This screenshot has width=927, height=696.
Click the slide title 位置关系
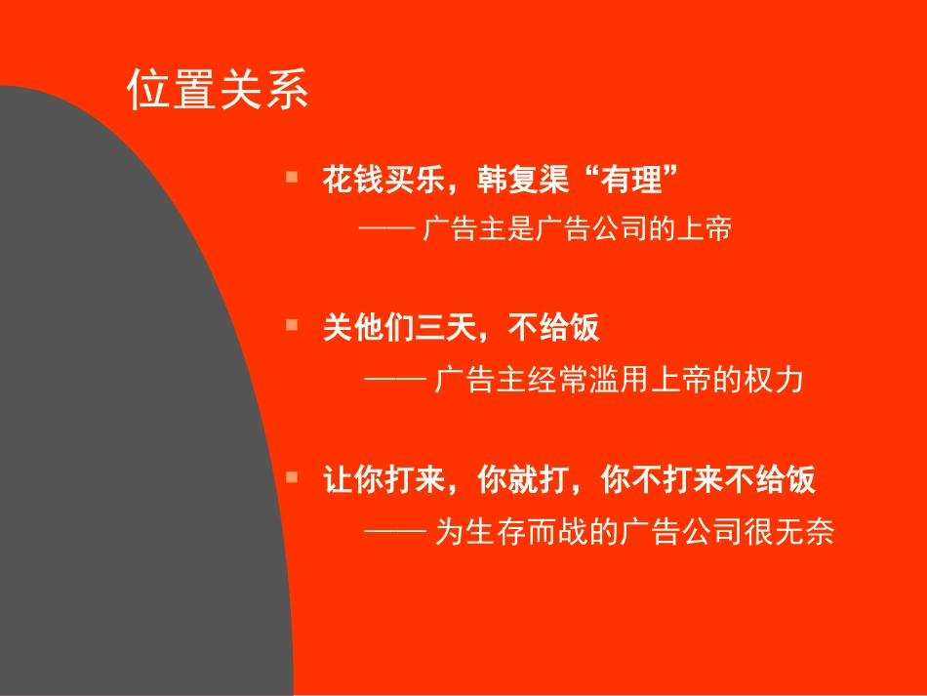(x=218, y=90)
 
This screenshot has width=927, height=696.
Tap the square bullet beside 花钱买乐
(x=291, y=177)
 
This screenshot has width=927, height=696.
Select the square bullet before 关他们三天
(x=291, y=325)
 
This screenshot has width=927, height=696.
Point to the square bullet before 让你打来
(x=291, y=477)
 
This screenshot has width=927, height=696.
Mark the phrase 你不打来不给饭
(x=708, y=481)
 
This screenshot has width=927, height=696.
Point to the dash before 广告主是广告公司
(x=387, y=230)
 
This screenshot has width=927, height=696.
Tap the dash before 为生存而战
(x=393, y=533)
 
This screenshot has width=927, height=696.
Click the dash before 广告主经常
(x=393, y=379)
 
